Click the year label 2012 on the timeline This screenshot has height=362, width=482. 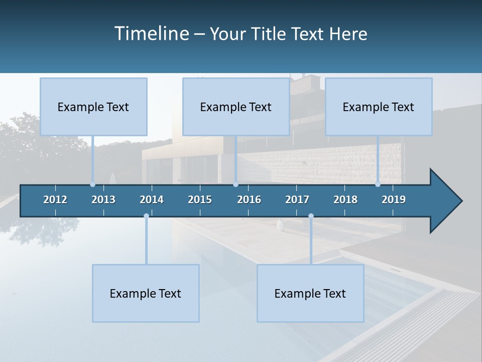coord(55,200)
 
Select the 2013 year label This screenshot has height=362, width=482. coord(103,200)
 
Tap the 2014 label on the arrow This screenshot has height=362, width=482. coord(152,200)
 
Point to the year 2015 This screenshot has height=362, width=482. coord(200,200)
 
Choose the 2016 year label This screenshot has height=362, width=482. coord(249,200)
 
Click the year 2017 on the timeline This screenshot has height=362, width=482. coord(297,200)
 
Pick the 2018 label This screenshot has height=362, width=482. coord(345,200)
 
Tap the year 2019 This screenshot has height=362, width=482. coord(394,200)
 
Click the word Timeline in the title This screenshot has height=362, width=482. coord(151,34)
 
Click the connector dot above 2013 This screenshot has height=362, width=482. coord(92,185)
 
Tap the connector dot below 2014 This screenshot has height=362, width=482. coord(146,216)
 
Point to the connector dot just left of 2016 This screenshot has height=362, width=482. coord(235,185)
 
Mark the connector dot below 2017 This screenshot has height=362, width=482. coord(311,216)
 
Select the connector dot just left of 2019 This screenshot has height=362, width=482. coord(378,185)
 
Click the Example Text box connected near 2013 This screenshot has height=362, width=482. coord(93,107)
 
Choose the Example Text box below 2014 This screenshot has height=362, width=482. coord(146,293)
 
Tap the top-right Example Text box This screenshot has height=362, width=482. coord(379,107)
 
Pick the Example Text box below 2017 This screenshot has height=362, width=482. coord(310,293)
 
